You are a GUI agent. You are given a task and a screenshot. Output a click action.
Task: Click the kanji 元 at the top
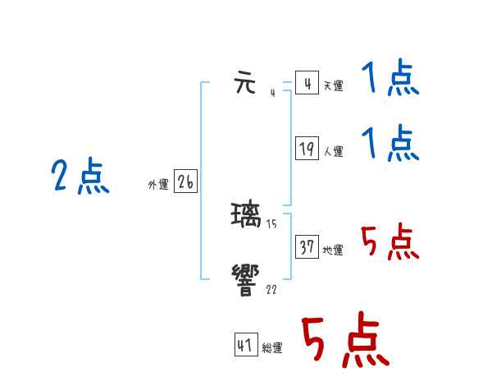(x=246, y=84)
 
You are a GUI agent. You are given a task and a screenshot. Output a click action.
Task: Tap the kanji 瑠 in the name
(x=247, y=215)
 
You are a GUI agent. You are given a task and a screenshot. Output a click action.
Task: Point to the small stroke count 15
(x=271, y=223)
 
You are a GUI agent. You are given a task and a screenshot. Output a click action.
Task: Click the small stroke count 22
(x=271, y=290)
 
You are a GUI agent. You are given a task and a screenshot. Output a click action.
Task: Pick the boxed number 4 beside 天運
(x=307, y=83)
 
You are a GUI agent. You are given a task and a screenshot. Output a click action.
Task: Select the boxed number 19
(x=307, y=149)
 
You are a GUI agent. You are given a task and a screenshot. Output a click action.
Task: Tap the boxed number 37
(x=307, y=246)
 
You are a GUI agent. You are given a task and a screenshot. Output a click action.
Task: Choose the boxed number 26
(x=185, y=182)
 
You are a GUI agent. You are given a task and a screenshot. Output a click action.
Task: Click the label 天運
(x=333, y=85)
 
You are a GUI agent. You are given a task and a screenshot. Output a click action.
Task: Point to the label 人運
(x=333, y=151)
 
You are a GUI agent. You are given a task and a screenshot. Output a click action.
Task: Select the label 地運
(x=333, y=250)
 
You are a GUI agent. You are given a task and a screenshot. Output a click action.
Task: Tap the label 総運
(x=272, y=348)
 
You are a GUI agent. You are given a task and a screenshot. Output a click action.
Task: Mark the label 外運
(x=158, y=185)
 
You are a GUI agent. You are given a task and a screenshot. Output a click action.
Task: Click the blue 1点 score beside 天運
(x=390, y=80)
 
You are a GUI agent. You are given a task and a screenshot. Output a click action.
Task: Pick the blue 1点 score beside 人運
(x=390, y=144)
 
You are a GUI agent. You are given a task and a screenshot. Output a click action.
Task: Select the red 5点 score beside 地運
(x=390, y=242)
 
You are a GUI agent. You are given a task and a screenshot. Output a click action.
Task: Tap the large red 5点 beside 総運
(x=344, y=341)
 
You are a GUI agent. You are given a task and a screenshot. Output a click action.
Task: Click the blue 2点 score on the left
(x=80, y=177)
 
